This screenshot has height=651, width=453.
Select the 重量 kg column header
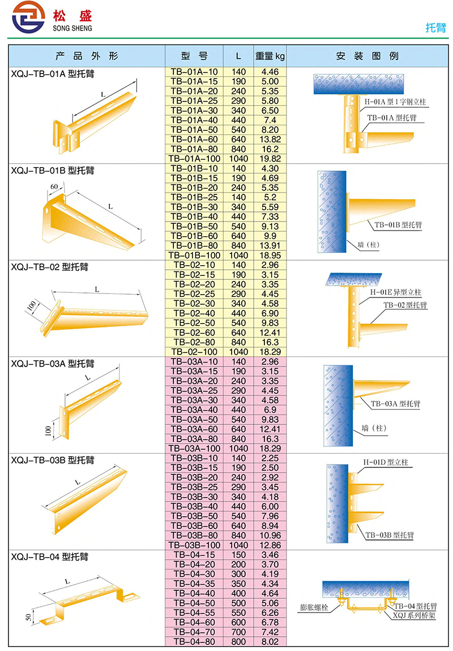point(270,56)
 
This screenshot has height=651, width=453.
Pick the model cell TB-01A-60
point(194,139)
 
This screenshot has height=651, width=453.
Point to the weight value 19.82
point(270,159)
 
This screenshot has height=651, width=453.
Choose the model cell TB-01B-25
point(194,197)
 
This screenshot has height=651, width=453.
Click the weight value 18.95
point(270,256)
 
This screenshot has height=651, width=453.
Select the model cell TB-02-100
point(194,352)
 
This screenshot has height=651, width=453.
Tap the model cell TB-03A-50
point(194,419)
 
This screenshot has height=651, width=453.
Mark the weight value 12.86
point(270,544)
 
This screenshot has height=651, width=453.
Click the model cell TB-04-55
point(194,612)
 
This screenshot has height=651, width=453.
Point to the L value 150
point(238,555)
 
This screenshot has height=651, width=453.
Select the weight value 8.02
point(270,641)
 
